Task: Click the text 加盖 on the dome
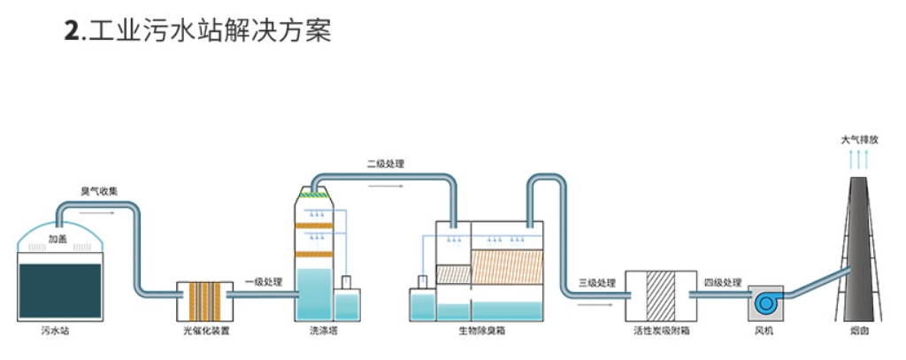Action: pos(58,239)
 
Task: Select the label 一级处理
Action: pos(263,282)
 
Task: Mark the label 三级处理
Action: pos(596,283)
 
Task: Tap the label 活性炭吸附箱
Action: pos(661,333)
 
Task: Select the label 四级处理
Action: pos(722,283)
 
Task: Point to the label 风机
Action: pos(764,333)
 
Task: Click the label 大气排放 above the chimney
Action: pos(859,140)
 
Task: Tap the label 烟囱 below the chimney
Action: pos(859,333)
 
